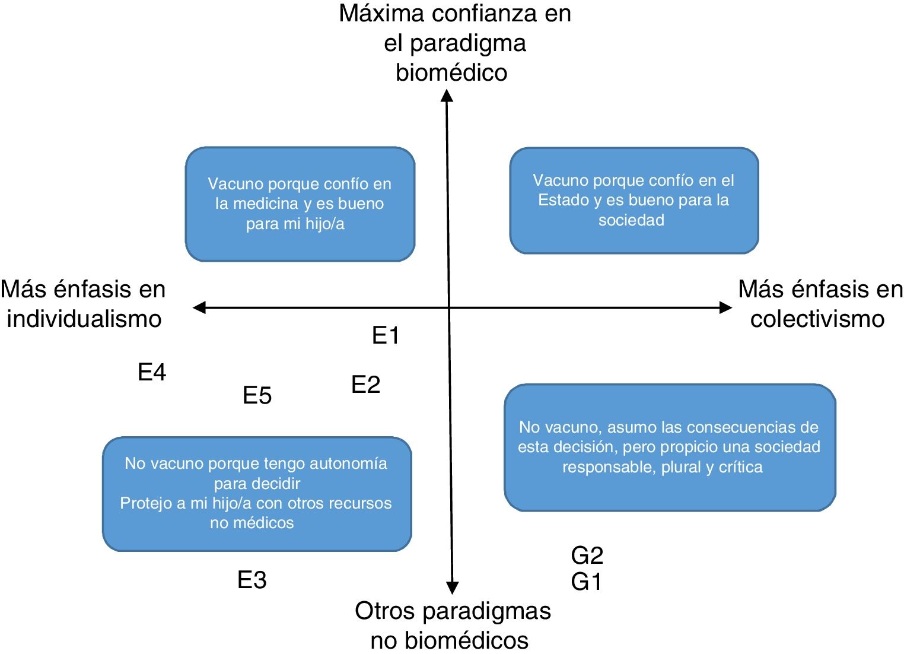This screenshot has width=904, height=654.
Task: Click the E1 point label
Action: pos(386,336)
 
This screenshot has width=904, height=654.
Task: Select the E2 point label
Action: pos(365,385)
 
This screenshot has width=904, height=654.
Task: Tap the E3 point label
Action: pos(252,580)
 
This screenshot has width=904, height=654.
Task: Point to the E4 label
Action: pos(152,373)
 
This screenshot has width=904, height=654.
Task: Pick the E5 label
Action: pos(257,396)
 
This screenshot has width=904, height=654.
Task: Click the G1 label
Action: pos(586,582)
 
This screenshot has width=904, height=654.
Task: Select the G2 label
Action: pos(587,555)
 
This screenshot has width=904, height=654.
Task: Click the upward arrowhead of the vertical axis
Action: pos(447,96)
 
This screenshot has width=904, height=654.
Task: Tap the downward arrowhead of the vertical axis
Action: pos(452,588)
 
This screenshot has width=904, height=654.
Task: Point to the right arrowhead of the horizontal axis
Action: pos(725,307)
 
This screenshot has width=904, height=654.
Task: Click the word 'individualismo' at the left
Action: pos(84,319)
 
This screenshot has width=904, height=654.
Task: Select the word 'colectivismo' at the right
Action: pos(817,319)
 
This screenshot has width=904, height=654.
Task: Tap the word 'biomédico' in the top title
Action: pos(451,73)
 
